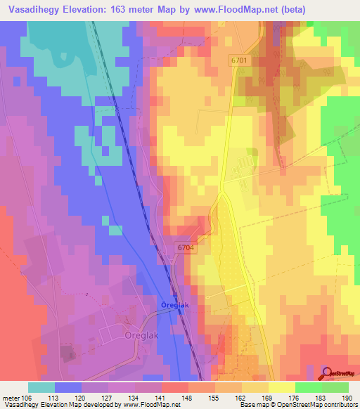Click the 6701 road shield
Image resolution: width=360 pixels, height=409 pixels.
(x=239, y=61)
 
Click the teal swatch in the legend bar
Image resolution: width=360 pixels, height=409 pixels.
(x=41, y=387)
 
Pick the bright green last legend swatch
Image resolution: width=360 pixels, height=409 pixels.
(x=335, y=387)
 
